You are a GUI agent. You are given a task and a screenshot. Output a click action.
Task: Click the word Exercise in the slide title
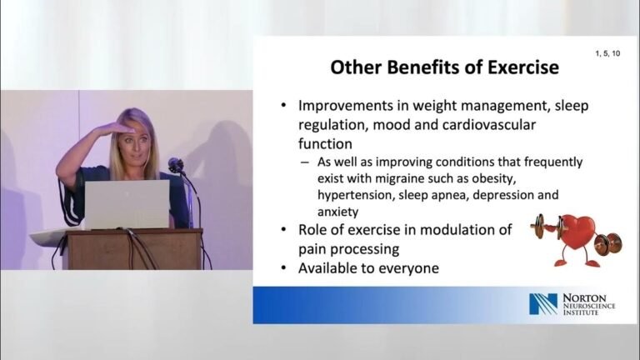click(523, 67)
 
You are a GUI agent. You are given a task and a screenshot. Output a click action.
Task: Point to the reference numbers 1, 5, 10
click(607, 53)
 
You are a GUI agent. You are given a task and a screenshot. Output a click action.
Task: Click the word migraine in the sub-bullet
click(399, 179)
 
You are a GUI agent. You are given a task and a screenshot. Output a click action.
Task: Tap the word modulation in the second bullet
click(454, 230)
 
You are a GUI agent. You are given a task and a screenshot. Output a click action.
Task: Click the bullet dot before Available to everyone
click(283, 268)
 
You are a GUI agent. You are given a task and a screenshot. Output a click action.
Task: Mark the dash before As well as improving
click(304, 162)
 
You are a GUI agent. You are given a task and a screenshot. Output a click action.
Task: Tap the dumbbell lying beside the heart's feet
click(607, 243)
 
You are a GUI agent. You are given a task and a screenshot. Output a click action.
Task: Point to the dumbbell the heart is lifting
click(547, 227)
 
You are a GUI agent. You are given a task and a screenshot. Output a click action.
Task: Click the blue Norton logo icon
click(543, 304)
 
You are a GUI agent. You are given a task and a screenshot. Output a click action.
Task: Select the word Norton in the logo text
click(584, 298)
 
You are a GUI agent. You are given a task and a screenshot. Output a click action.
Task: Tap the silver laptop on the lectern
click(127, 204)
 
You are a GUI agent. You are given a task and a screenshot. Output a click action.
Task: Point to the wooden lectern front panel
click(135, 250)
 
